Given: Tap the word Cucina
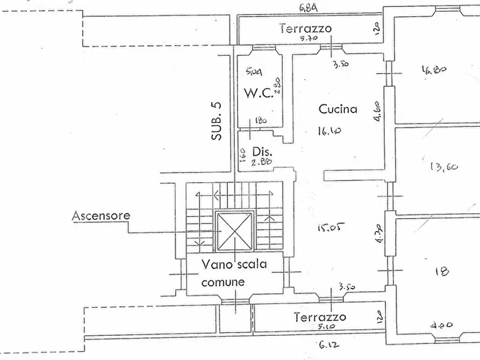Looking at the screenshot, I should (x=338, y=109).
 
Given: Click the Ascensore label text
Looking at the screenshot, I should (x=101, y=216).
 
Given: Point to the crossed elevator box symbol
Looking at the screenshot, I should (x=234, y=231).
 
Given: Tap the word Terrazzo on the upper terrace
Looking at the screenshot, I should (x=305, y=28).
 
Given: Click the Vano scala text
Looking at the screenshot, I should (x=234, y=264).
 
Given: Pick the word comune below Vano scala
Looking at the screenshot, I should (x=224, y=282).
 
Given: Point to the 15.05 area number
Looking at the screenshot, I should (x=329, y=228).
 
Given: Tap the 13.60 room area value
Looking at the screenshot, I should (x=444, y=167).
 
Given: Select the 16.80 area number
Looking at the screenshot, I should (x=436, y=70).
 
